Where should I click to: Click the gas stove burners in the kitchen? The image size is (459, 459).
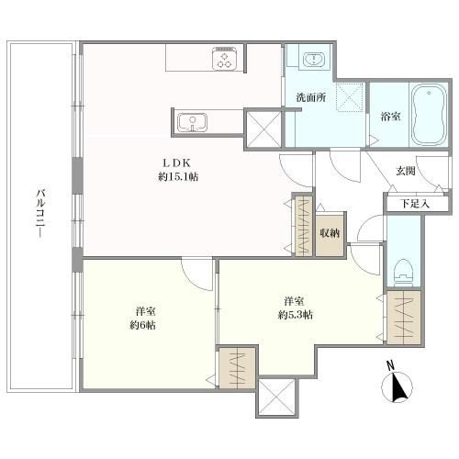click(225, 59)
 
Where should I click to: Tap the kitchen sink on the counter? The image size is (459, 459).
click(192, 122)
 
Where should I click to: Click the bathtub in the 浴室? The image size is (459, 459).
click(429, 114)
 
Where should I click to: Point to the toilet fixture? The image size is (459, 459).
click(403, 272)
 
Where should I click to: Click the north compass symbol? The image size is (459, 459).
click(397, 384)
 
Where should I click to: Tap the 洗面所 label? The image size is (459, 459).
click(311, 97)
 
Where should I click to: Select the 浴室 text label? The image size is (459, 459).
click(390, 117)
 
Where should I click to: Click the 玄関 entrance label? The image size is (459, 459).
click(406, 171)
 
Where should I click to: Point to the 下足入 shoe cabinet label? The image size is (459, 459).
click(415, 204)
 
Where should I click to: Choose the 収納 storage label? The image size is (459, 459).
click(330, 233)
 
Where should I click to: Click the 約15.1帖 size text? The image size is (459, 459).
click(178, 176)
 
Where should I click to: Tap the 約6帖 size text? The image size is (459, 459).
click(143, 325)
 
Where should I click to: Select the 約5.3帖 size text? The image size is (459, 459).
click(296, 315)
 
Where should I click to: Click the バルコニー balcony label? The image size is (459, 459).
click(40, 213)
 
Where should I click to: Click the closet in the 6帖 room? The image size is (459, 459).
click(238, 367)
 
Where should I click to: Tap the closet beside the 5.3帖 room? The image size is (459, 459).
click(404, 318)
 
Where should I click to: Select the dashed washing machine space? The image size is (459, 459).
click(351, 97)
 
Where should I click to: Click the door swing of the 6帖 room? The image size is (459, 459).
click(196, 274)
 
